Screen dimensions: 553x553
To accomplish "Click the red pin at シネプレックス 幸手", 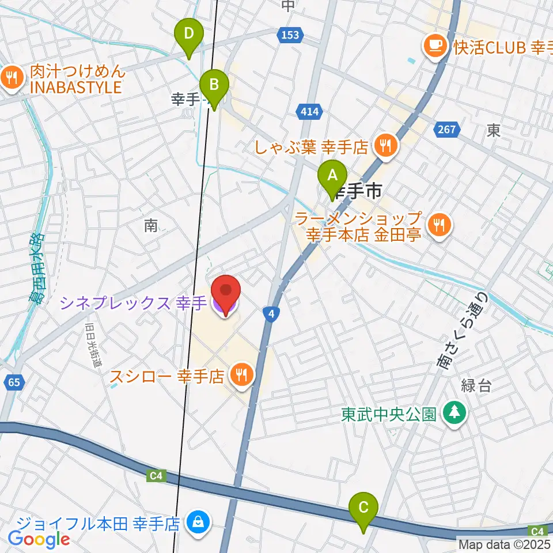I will point(225,294).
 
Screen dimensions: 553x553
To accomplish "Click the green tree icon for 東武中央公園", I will point(455,414).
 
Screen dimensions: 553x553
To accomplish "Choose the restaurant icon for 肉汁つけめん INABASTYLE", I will point(11,79).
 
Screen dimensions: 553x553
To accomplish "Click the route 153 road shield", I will point(290,35).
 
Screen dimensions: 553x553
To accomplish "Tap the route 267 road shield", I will point(446,130).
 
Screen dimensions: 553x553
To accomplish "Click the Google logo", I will point(39,539).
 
